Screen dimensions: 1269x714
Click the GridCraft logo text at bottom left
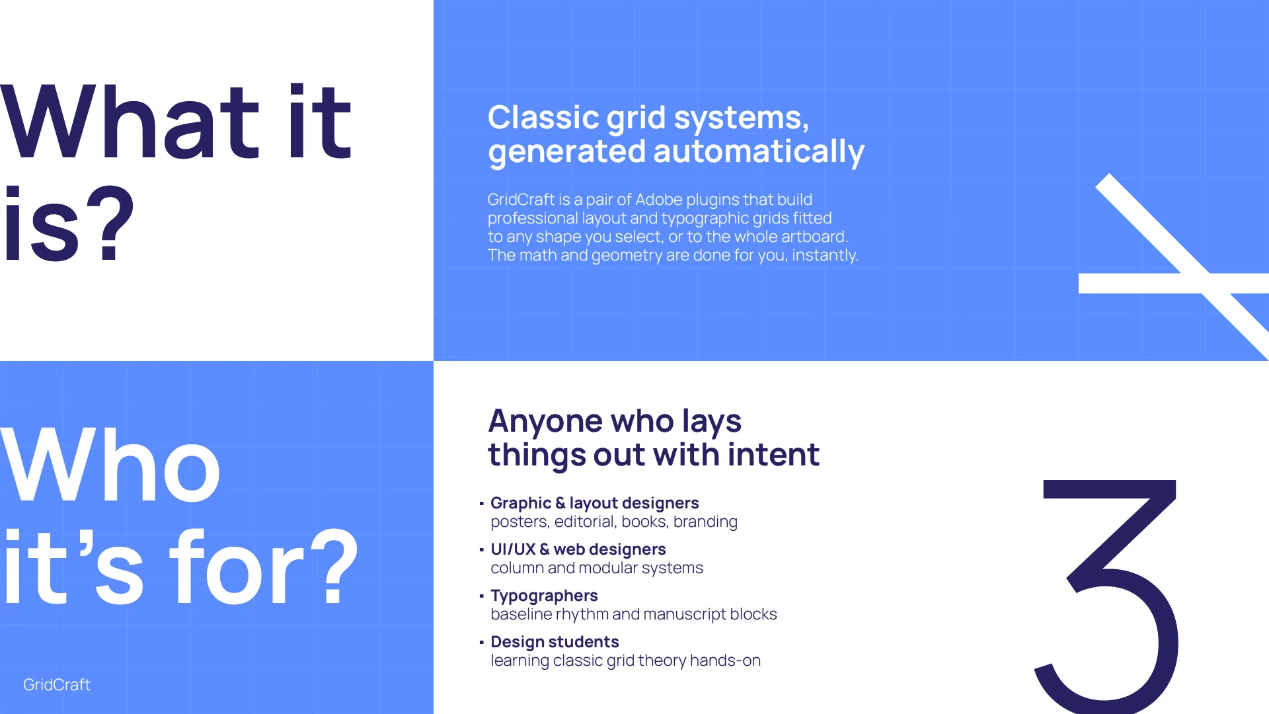click(57, 685)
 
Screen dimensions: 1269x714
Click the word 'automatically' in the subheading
click(759, 151)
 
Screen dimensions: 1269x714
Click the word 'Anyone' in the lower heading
click(545, 422)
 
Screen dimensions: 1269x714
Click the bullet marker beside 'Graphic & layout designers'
click(482, 504)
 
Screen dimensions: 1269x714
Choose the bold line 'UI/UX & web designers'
click(578, 549)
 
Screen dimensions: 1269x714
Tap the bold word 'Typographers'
click(544, 596)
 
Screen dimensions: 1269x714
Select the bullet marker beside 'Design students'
click(482, 643)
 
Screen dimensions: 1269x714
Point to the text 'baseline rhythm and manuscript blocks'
click(634, 615)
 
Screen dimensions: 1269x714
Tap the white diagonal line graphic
click(1182, 267)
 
